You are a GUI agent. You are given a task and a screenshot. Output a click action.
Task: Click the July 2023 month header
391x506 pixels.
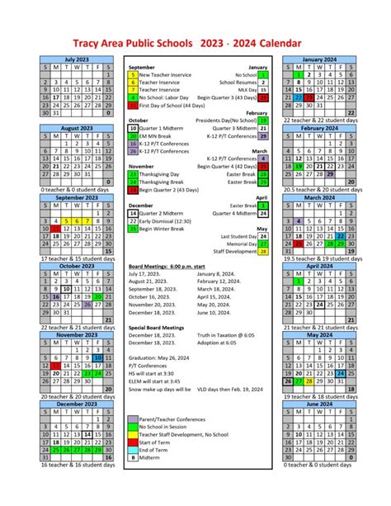pyautogui.click(x=77, y=59)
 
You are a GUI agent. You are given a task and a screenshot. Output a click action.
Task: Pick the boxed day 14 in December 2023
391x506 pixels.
pyautogui.click(x=87, y=432)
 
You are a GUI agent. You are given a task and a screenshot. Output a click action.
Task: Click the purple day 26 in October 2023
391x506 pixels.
pyautogui.click(x=87, y=305)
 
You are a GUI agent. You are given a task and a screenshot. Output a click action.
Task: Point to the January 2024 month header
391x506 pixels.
pyautogui.click(x=318, y=59)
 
